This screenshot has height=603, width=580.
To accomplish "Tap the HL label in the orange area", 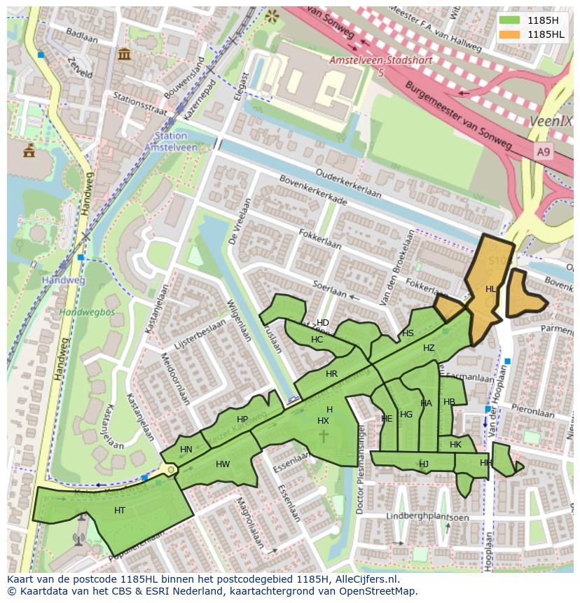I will coord(491,289).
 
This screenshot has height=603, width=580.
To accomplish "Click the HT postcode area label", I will coord(120,511).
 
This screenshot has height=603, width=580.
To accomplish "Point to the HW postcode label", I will coord(223,464).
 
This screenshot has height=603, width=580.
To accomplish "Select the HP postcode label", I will coord(242,420).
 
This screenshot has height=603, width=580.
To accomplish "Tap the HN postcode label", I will coord(186,450).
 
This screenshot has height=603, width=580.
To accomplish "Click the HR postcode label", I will coord(331,374).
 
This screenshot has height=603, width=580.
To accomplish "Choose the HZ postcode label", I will coord(429,348).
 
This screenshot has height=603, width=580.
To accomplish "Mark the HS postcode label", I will coord(408,333).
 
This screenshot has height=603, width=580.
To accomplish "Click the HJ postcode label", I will coord(424,464).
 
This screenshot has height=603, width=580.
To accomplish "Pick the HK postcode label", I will coord(456,445).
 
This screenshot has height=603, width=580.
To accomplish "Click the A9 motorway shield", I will coord(544,151).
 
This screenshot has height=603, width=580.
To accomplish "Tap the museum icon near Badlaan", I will coord(125,54).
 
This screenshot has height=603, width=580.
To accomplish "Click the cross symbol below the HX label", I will coord(324,436).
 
